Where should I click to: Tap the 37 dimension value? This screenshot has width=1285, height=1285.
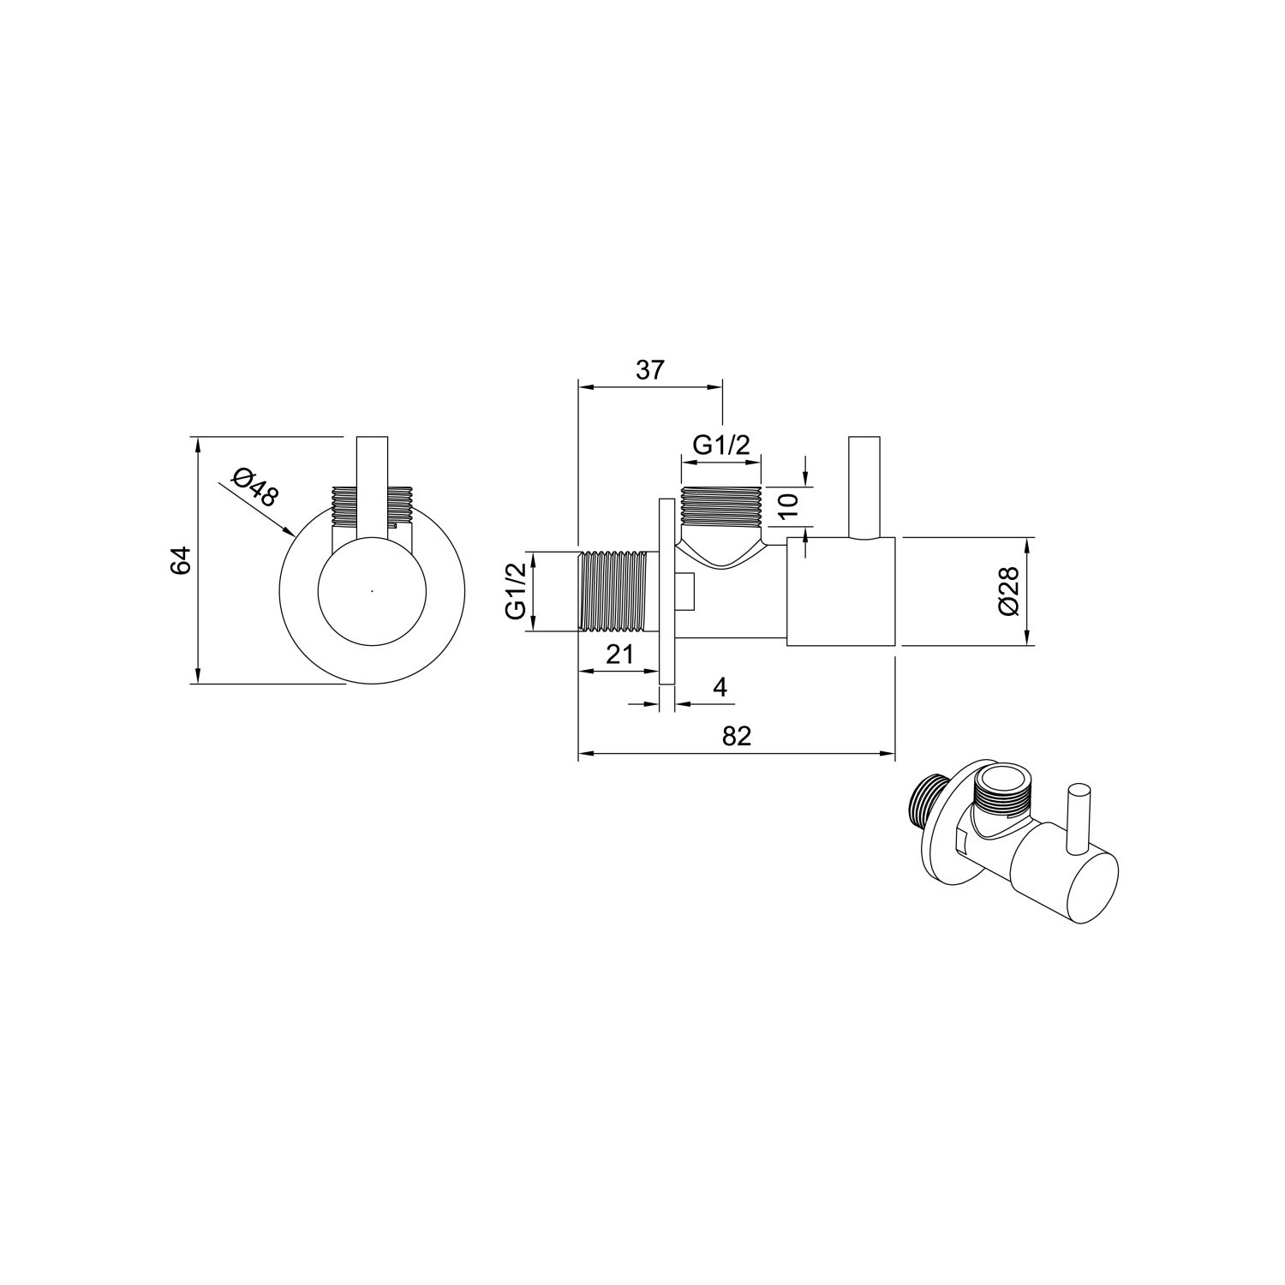(650, 370)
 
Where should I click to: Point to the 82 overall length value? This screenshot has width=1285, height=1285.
(736, 736)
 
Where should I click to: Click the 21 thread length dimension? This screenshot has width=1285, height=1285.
(619, 654)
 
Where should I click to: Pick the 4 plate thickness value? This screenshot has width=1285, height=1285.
(720, 687)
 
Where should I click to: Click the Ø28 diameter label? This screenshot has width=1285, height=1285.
(1007, 591)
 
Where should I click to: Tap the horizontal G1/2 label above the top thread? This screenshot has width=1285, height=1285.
(721, 445)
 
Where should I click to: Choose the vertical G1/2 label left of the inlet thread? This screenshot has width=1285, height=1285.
(515, 592)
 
